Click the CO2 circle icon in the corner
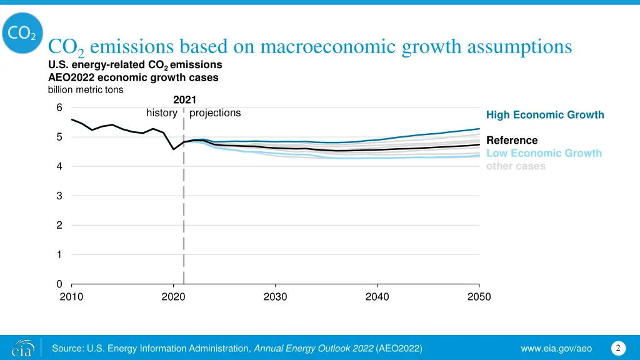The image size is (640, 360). coord(22,33)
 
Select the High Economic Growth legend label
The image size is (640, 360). coord(545,115)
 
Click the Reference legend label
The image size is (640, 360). coord(511,141)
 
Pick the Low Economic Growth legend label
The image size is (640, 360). coord(544,153)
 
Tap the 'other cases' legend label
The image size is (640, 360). coord(516,166)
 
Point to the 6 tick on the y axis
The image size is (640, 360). coord(59,107)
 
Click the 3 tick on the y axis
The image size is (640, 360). coord(59,196)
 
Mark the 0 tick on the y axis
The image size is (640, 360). coord(59,284)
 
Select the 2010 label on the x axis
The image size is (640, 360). coord(71,297)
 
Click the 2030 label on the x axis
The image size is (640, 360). coord(275,297)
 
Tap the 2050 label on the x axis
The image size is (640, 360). coord(479,297)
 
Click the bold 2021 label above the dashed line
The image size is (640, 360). coord(184,100)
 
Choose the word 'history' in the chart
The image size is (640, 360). coord(161,113)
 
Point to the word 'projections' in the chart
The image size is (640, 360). coord(215,113)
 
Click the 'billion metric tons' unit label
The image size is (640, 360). coord(86,89)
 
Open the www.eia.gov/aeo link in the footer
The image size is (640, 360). coord(557,348)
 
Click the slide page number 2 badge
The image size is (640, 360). coord(617,347)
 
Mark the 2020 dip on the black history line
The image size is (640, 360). coord(173,149)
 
